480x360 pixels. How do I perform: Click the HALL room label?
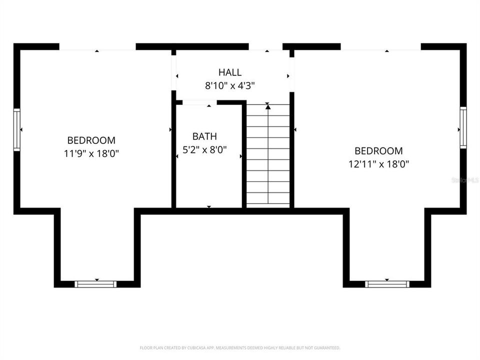[x=230, y=72]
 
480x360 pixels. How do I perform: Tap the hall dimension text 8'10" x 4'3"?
[x=230, y=85]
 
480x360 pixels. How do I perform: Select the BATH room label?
[x=204, y=136]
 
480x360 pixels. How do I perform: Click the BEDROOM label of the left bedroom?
[x=91, y=140]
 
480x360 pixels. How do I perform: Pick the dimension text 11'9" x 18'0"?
[x=91, y=153]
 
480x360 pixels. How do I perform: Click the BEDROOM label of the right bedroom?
[x=378, y=150]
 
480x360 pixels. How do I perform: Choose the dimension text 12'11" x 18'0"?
[x=378, y=163]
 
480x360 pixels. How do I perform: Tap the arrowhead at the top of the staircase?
[x=268, y=105]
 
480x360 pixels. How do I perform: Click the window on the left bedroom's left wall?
[x=16, y=130]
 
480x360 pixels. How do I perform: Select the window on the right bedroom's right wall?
[x=463, y=127]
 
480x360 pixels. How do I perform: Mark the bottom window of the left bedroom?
[x=95, y=284]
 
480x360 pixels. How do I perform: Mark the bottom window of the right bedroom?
[x=387, y=284]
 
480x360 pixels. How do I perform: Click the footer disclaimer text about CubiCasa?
[x=240, y=347]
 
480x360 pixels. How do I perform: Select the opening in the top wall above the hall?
[x=265, y=47]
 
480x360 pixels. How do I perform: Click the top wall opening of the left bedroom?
[x=97, y=47]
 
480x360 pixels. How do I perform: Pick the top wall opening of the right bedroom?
[x=380, y=47]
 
